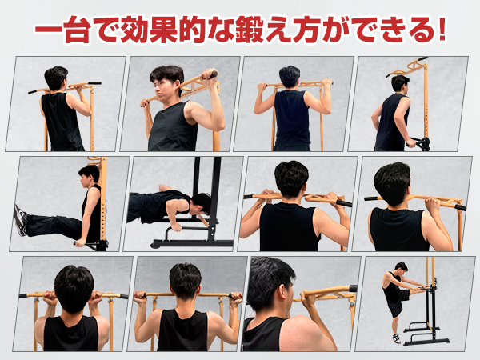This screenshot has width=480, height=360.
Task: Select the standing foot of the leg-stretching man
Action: tap(396, 338)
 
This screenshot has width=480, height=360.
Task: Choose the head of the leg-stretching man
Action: tap(400, 267)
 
